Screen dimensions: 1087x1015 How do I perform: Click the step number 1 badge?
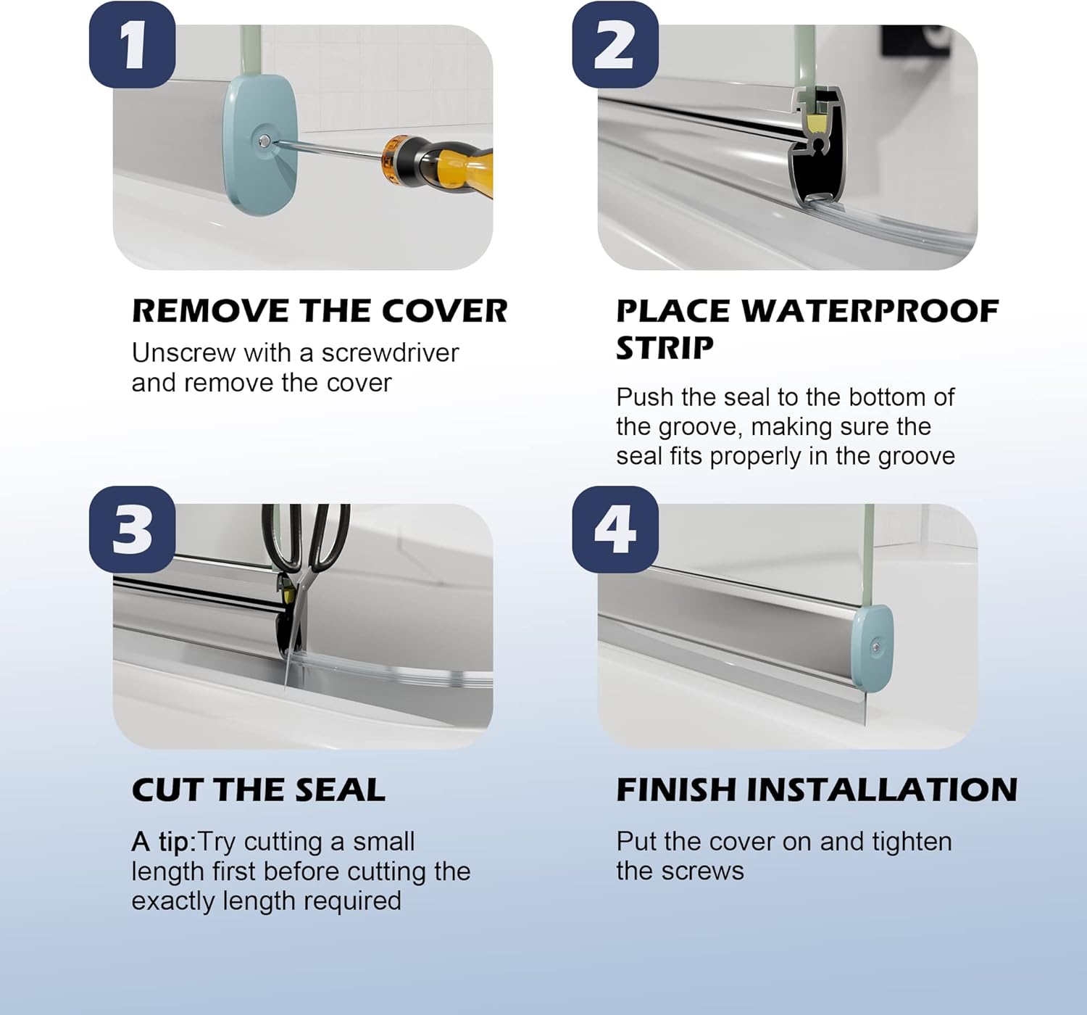pos(132,45)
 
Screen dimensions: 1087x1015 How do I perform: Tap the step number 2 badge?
pos(615,45)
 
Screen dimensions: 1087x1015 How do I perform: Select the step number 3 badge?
pos(132,530)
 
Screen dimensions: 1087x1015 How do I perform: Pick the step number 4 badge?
pos(615,530)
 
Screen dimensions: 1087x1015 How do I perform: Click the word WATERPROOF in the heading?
pos(870,311)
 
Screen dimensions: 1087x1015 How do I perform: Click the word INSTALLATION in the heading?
pos(883,790)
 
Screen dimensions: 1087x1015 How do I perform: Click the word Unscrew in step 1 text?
pos(183,353)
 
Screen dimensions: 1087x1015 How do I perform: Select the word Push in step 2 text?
pos(645,397)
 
